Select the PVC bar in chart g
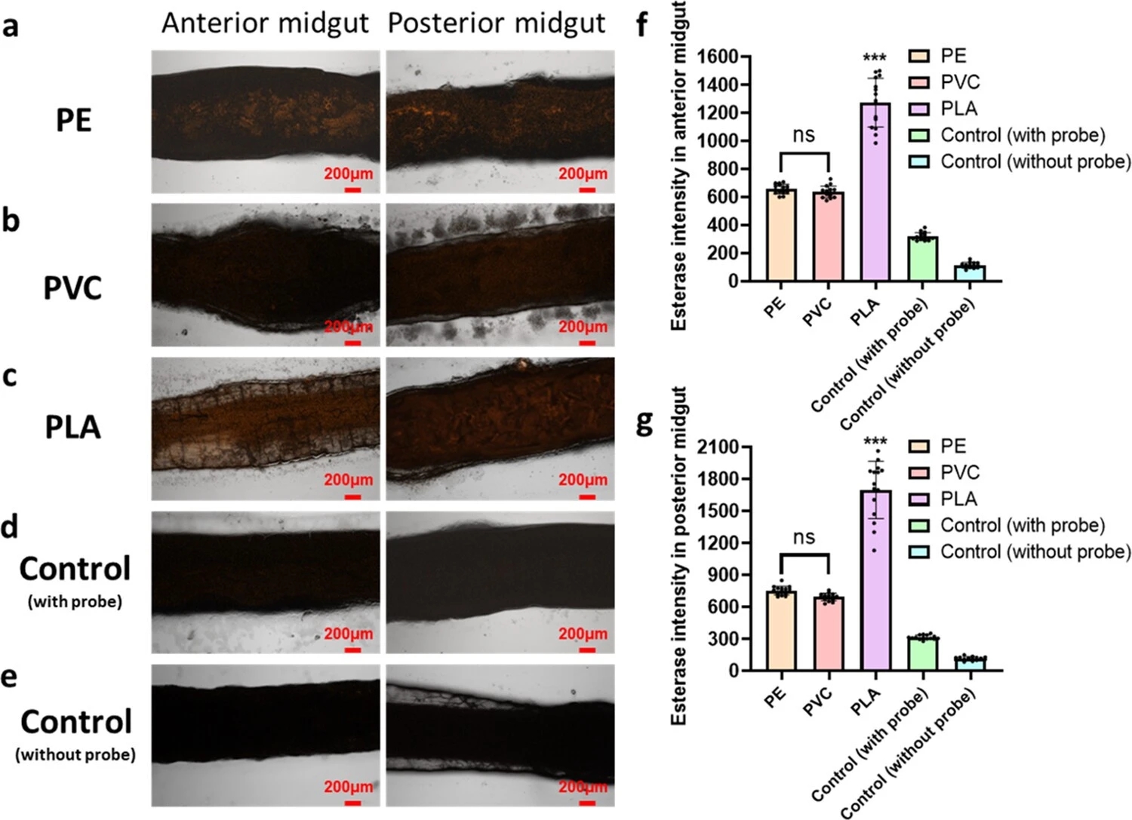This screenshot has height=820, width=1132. coord(828,634)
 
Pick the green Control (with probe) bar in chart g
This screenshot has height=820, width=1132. coord(922,654)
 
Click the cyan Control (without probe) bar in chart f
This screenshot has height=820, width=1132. coord(969,273)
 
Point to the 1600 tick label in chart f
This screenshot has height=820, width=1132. coord(718,57)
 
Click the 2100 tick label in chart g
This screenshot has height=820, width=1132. coord(718,447)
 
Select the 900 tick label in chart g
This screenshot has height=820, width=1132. coord(723,575)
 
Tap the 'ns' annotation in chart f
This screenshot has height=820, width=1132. coord(804,135)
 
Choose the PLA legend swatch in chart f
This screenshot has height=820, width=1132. coord(919,109)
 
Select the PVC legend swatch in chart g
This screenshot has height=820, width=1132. coord(919,473)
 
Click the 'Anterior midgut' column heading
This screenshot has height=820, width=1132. coord(265,23)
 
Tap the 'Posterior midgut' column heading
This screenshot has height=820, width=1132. coord(497,23)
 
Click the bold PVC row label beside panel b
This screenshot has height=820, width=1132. coord(72,288)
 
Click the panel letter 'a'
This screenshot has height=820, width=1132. coord(11,27)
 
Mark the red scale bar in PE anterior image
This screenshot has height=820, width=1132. coord(352,189)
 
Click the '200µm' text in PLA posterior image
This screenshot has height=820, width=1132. coord(583,480)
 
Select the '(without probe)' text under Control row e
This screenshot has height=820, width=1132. coord(75,754)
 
